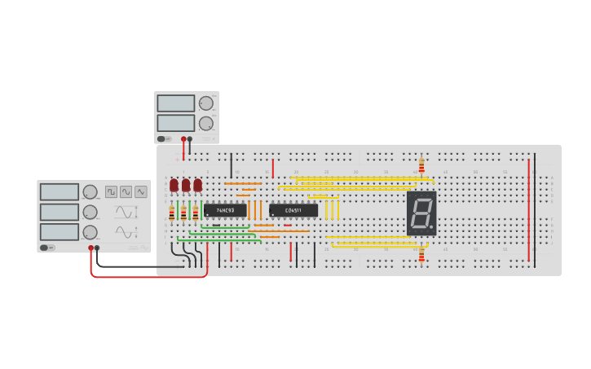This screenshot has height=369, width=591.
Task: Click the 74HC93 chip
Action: (x=225, y=210)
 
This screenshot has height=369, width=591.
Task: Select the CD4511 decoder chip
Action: (x=293, y=210)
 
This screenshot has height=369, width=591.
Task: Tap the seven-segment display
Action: (x=421, y=213)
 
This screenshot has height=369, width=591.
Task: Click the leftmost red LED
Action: (x=174, y=186)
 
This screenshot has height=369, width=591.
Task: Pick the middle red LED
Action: (x=186, y=186)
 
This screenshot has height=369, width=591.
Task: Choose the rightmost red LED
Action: (x=197, y=186)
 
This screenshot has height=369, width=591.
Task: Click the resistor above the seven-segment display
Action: (x=421, y=166)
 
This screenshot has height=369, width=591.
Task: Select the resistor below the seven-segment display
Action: (x=421, y=256)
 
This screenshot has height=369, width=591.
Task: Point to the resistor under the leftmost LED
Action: (x=172, y=213)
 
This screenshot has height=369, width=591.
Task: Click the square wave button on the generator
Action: (x=111, y=191)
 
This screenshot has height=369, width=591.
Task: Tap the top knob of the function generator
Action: (x=90, y=192)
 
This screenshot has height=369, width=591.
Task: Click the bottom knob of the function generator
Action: (x=90, y=232)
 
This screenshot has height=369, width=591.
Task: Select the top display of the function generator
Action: (x=59, y=192)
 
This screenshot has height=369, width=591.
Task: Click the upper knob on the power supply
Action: (x=206, y=103)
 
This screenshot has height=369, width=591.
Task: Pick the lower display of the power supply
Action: (x=176, y=123)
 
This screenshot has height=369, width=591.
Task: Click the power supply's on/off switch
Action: (x=165, y=139)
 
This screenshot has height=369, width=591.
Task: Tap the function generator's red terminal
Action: (x=90, y=248)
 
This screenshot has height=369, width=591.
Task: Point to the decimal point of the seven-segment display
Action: (x=432, y=228)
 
